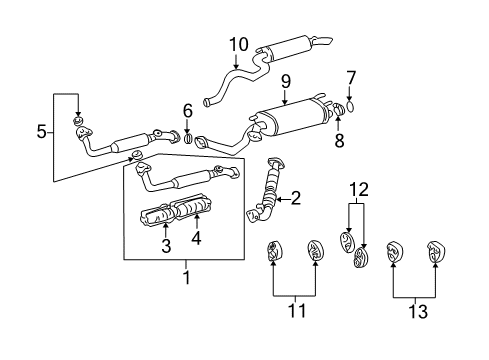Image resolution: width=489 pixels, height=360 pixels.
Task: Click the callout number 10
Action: pos(238,44)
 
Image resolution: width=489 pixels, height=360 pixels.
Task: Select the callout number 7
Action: pos(351,79)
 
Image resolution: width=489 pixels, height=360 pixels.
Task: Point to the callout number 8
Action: pos(339,142)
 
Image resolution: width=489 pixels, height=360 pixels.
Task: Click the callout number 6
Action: pos(187,110)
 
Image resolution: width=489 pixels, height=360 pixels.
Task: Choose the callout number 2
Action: pos(295,198)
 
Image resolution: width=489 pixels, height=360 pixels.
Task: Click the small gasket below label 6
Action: pos(187,136)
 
